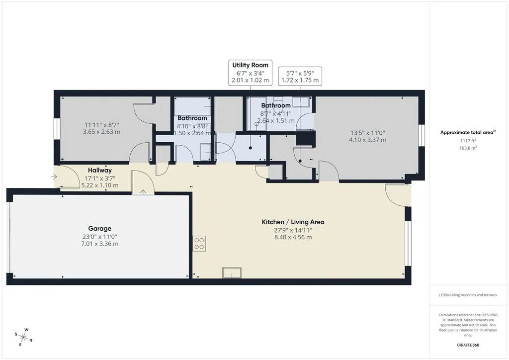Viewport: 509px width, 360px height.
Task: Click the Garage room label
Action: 99,229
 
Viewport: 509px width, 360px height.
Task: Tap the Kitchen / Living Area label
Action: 293,222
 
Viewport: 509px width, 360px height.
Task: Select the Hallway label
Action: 99,170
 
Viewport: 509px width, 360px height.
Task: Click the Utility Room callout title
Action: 251,65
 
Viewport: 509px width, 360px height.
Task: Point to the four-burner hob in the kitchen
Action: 199,244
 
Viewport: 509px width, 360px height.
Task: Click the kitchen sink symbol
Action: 232,272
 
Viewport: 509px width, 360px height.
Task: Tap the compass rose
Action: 23,337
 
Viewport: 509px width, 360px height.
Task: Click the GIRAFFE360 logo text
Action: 468,345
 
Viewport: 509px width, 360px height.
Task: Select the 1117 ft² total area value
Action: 468,141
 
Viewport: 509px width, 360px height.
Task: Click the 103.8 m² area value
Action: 468,148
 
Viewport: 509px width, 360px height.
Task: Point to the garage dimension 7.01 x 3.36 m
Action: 99,244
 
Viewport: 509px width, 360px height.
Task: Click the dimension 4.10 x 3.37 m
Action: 367,140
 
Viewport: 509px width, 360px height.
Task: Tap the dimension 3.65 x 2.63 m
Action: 101,132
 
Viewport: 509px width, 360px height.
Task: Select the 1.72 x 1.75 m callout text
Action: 300,80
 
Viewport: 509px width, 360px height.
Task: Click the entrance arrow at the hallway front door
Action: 54,177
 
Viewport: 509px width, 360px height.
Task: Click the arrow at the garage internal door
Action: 143,192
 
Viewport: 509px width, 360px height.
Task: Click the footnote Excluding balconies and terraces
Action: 468,295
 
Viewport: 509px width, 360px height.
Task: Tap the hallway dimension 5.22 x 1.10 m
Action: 99,185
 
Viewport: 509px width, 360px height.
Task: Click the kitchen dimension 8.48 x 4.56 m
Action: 293,237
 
